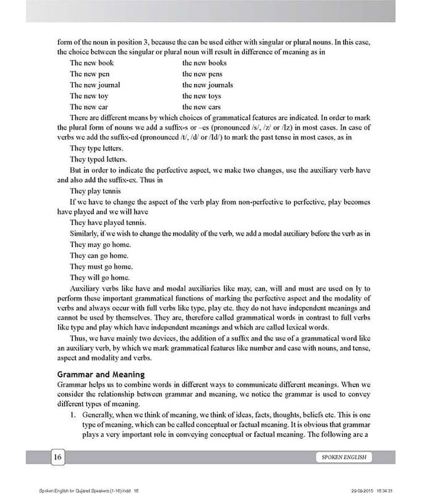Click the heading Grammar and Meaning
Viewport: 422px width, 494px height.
101,374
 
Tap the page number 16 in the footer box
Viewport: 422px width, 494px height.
57,457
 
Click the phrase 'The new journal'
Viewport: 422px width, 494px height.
95,85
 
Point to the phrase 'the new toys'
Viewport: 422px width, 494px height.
201,96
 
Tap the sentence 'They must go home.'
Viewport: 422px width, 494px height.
101,266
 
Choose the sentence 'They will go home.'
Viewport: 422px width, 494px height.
101,277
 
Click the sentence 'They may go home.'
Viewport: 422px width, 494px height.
100,245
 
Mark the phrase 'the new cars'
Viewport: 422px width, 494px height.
201,107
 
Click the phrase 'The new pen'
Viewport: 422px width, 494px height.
90,73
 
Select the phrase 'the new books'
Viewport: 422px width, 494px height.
205,62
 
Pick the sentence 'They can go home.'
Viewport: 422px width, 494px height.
99,255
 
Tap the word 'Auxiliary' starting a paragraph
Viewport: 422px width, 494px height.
88,288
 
